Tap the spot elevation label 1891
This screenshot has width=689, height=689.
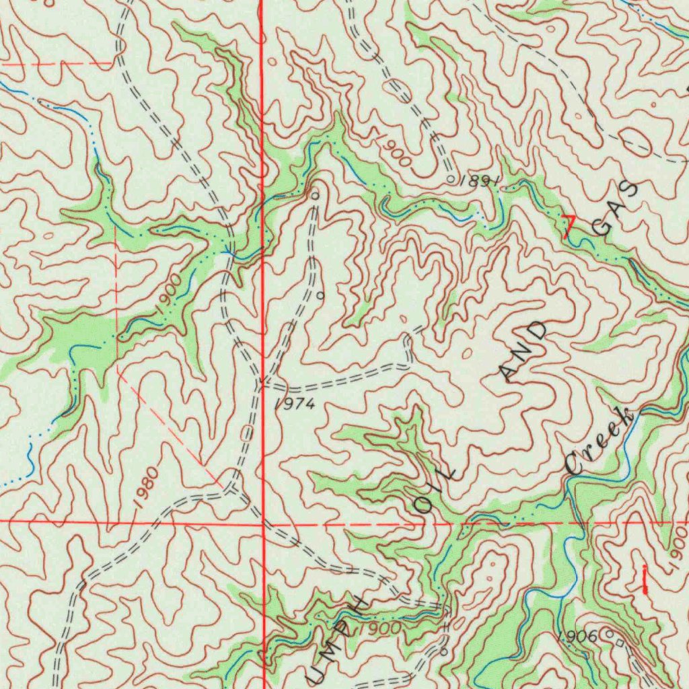(x=480, y=180)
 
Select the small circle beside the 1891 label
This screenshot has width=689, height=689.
(x=451, y=179)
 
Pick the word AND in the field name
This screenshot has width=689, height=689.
(x=525, y=351)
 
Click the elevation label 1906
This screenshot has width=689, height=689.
(x=577, y=636)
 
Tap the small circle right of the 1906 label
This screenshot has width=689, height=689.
(x=610, y=633)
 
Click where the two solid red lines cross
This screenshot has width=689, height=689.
(x=262, y=521)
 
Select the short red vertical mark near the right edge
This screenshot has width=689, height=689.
(x=645, y=579)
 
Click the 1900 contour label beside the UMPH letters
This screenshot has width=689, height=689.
(x=380, y=628)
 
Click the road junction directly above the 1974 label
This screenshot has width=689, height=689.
(x=260, y=384)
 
